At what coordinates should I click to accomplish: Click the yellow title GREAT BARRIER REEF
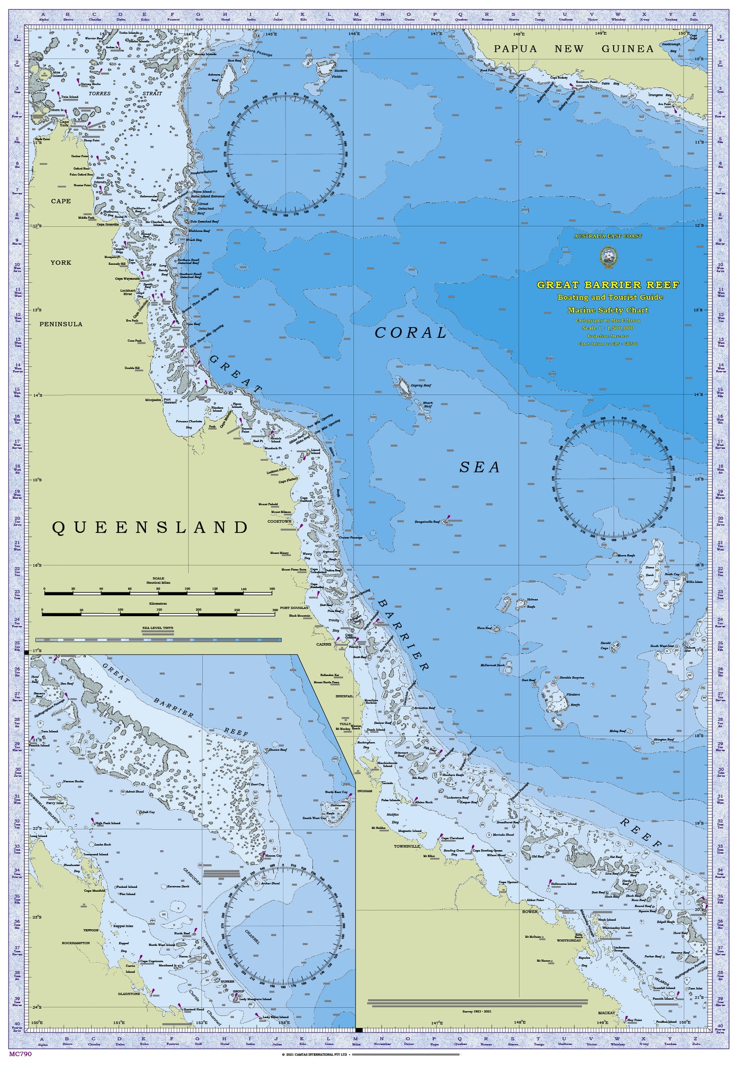coord(608,285)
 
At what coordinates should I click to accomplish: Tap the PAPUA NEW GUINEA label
coord(574,49)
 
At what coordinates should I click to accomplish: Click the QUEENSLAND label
coord(150,527)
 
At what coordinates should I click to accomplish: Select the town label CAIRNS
coord(324,644)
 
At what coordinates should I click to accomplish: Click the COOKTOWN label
coord(279,521)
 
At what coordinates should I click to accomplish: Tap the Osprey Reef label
coord(421,385)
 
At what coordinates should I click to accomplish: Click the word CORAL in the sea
coord(410,333)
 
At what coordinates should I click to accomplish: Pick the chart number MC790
coord(20,1054)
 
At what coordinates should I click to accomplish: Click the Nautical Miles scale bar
coord(159,593)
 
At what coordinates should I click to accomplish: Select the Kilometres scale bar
coord(159,614)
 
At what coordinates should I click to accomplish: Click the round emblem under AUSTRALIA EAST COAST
coord(608,257)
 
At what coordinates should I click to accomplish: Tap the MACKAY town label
coord(607,1013)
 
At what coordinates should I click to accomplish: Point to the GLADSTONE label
coord(129,994)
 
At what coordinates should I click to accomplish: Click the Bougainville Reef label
coord(427,522)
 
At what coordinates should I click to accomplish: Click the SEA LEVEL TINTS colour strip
coord(159,640)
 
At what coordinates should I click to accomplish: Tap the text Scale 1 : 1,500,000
coord(608,328)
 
